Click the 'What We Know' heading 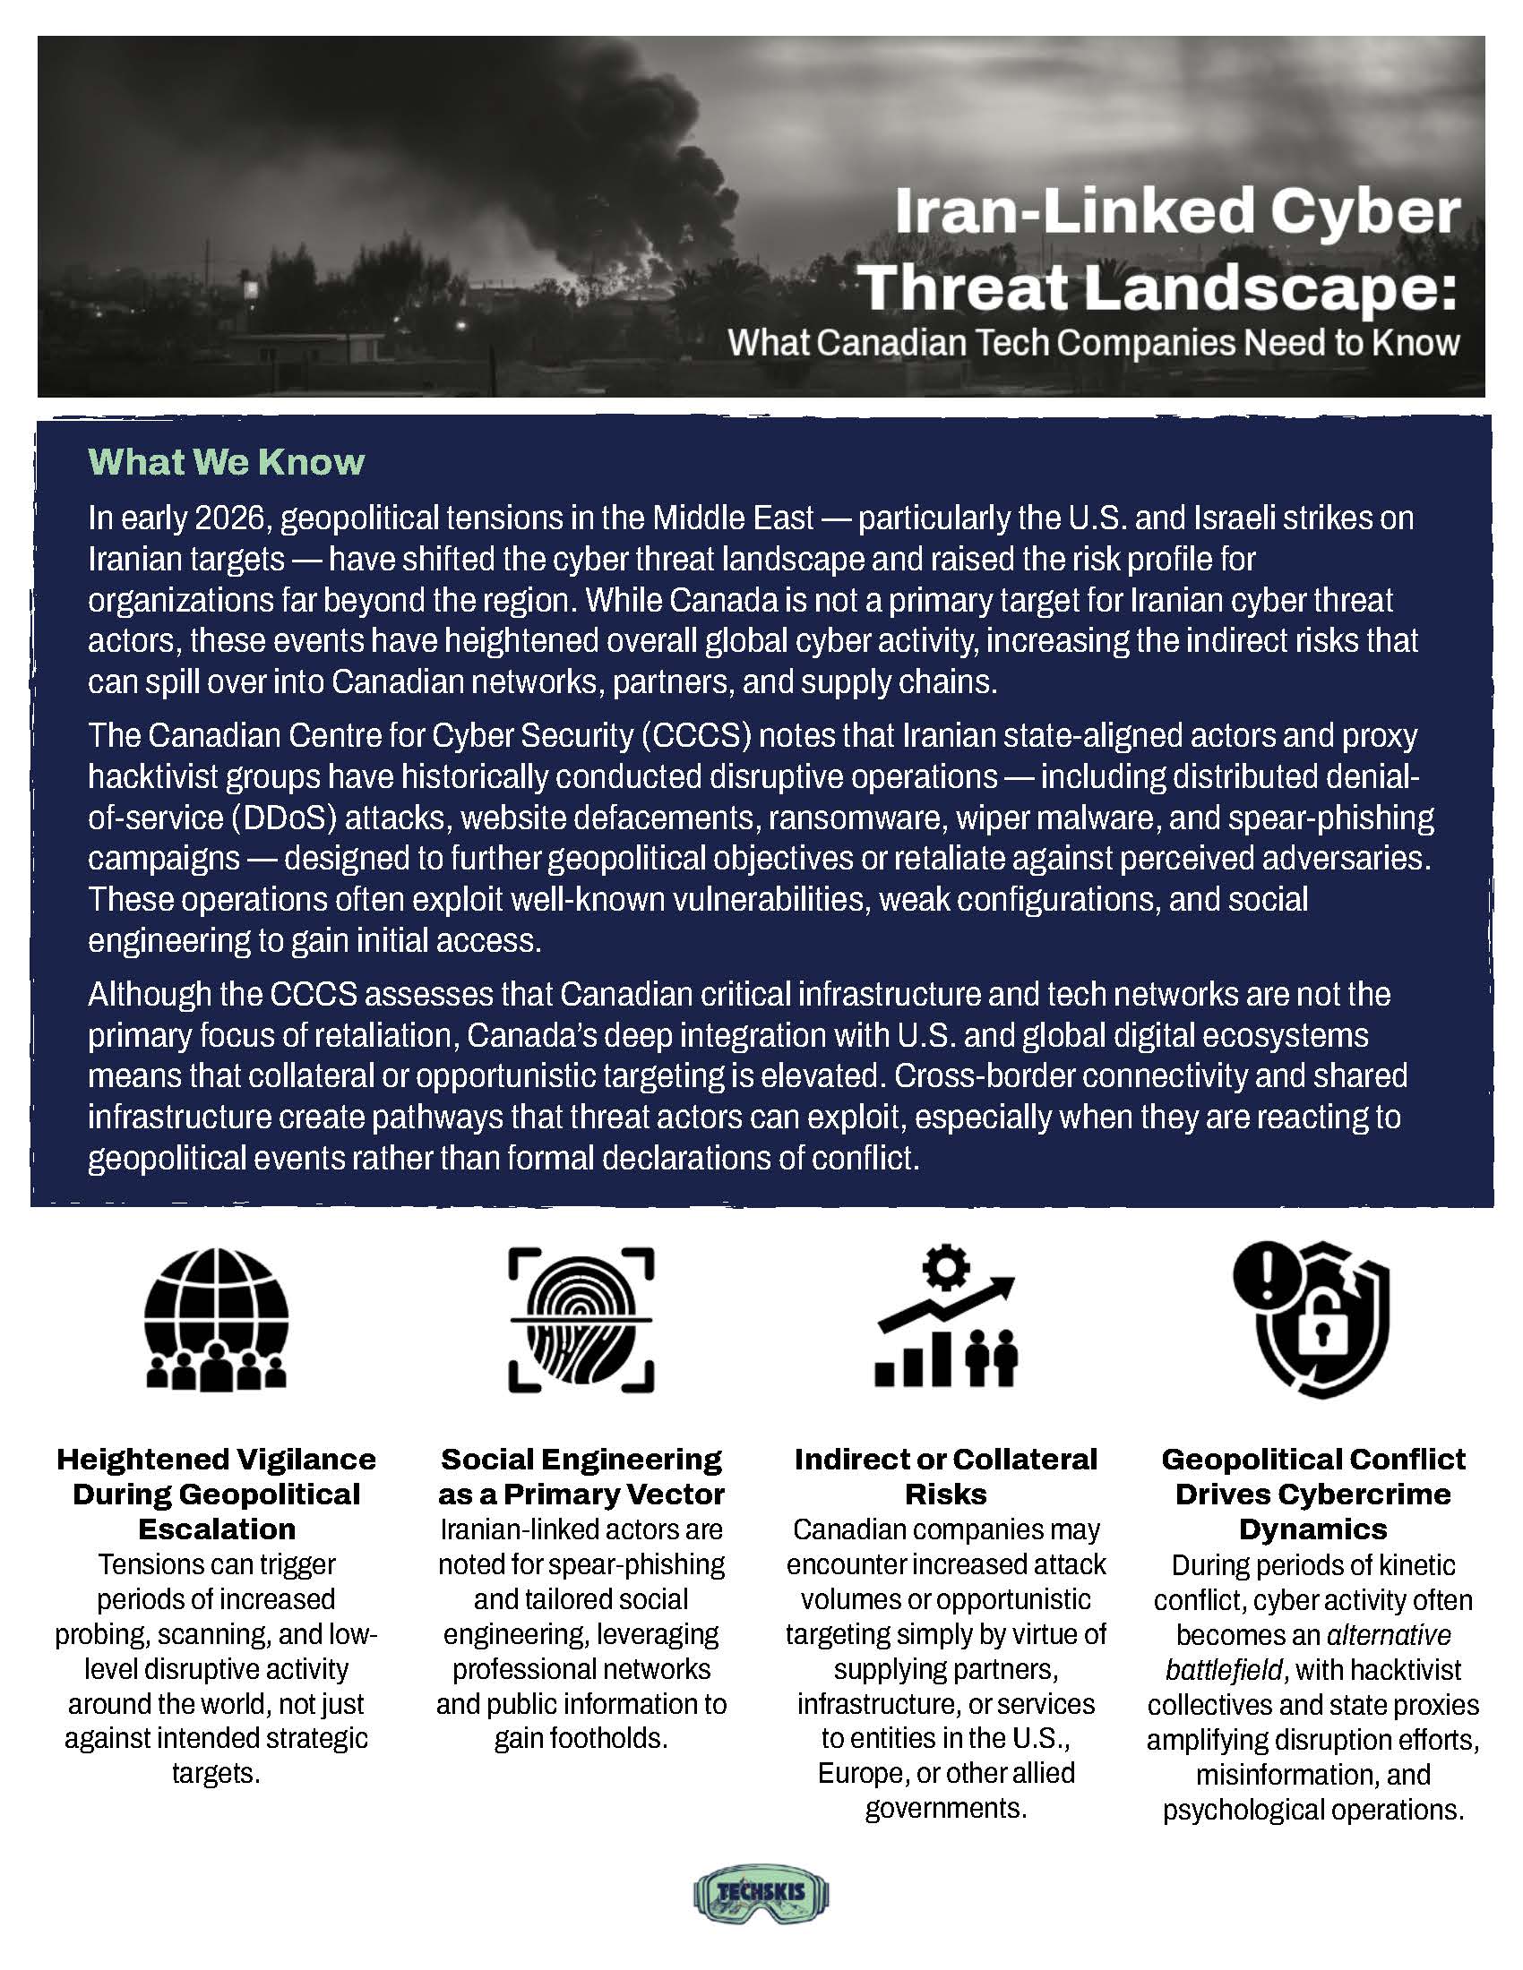[227, 462]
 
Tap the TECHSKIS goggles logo [761, 1894]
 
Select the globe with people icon [217, 1320]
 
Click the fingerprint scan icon [581, 1320]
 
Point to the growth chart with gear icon [946, 1320]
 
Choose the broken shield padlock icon [1312, 1320]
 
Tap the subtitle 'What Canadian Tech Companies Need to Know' [1094, 343]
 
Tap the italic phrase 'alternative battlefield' [1308, 1652]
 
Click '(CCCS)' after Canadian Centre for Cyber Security [696, 736]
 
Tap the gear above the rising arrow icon [944, 1267]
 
